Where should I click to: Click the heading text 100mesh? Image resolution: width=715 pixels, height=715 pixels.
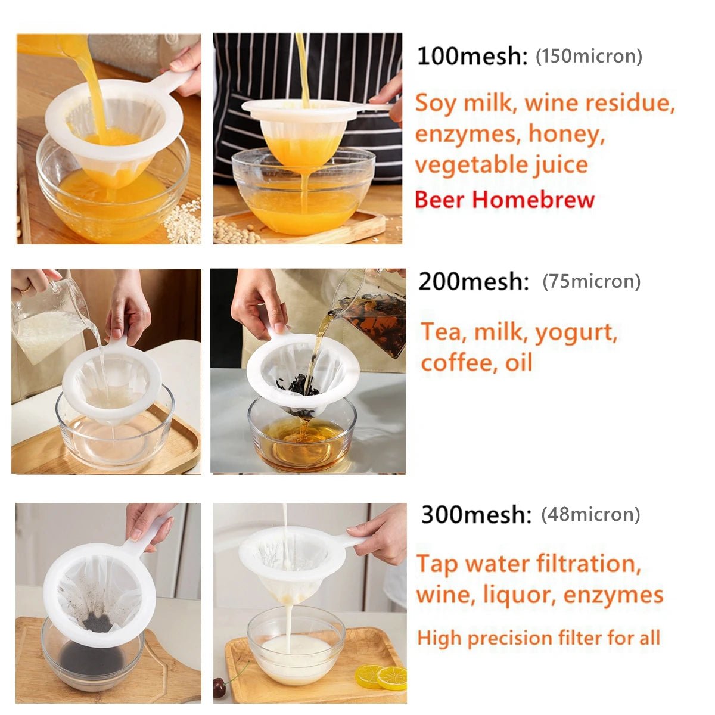tap(472, 57)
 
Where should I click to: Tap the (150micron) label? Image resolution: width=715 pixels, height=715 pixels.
tap(589, 57)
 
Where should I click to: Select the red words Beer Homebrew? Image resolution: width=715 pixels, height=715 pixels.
tap(505, 200)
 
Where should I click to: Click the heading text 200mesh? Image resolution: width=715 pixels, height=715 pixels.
tap(473, 281)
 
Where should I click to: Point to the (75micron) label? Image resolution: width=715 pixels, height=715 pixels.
tap(591, 281)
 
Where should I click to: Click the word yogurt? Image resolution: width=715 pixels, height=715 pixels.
tap(576, 332)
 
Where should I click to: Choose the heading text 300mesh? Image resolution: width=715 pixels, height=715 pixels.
tap(475, 514)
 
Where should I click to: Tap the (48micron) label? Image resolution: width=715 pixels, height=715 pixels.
tap(590, 514)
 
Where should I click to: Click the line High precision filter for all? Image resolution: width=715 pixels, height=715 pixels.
tap(539, 638)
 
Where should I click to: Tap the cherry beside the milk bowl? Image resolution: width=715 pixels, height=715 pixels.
tap(220, 688)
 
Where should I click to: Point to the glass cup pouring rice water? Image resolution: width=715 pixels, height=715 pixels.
tap(48, 322)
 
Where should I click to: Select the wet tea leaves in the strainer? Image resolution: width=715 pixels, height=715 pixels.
tap(298, 387)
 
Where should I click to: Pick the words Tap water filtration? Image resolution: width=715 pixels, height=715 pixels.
tap(528, 564)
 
